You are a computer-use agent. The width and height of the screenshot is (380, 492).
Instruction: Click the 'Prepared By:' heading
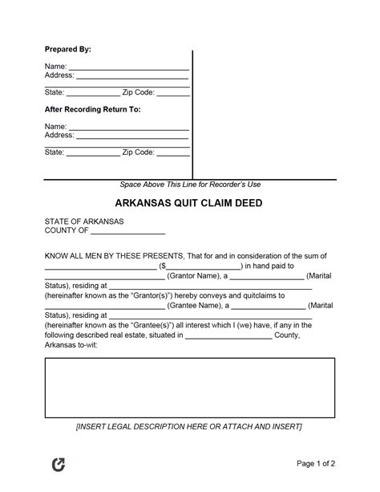[67, 50]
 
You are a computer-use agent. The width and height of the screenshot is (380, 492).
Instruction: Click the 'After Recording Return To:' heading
[92, 109]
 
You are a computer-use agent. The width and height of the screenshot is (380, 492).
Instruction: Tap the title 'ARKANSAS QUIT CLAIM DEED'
[191, 203]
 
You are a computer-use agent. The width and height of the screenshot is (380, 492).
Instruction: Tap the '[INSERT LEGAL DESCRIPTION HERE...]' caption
[190, 426]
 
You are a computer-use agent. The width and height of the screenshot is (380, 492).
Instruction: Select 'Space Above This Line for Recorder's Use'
[191, 184]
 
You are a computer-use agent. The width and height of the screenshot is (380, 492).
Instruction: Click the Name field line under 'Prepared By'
[128, 67]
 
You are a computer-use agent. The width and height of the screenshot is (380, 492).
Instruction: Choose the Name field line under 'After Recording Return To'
[128, 127]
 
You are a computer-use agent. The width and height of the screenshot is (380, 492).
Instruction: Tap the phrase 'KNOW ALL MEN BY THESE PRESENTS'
[113, 256]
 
